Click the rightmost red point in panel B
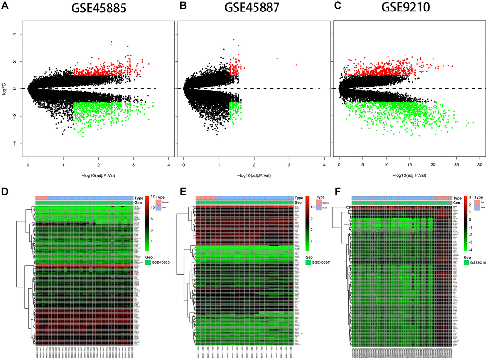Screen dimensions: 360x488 click(297, 65)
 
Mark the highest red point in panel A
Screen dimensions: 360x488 click(111, 42)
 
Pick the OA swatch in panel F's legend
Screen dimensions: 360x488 click(468, 203)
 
